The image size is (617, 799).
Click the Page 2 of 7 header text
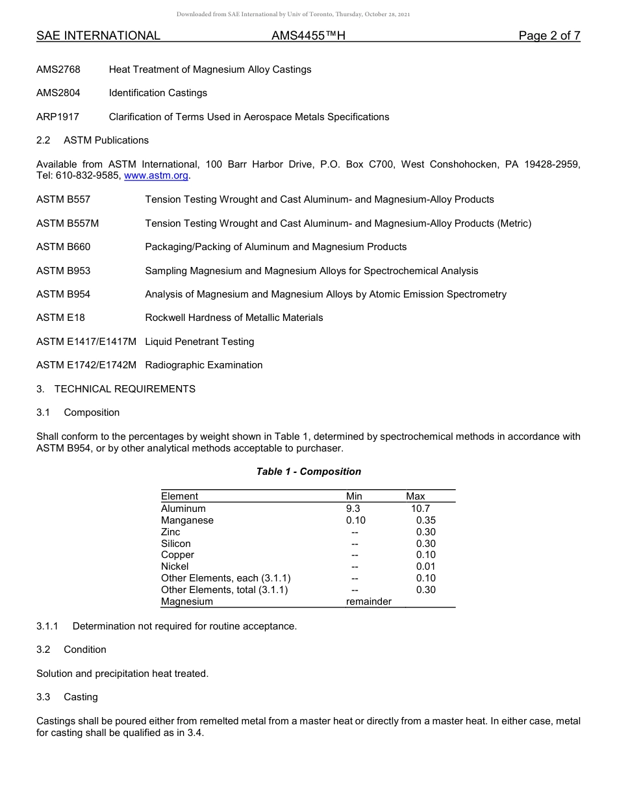pyautogui.click(x=549, y=36)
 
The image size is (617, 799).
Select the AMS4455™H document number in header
pyautogui.click(x=308, y=36)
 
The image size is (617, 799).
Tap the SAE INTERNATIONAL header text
pyautogui.click(x=98, y=36)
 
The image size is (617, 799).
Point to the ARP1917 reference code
pyautogui.click(x=58, y=117)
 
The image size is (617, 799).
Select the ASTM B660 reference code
pyautogui.click(x=64, y=247)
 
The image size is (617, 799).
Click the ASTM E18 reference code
pyautogui.click(x=60, y=318)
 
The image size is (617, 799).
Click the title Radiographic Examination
pyautogui.click(x=204, y=365)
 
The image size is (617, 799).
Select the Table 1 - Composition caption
pyautogui.click(x=308, y=472)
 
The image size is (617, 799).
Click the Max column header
pyautogui.click(x=416, y=496)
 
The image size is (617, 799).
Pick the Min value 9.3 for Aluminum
pyautogui.click(x=353, y=509)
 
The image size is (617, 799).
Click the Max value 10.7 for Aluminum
pyautogui.click(x=420, y=509)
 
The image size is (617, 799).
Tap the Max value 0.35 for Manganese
pyautogui.click(x=425, y=520)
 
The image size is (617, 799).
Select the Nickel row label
pyautogui.click(x=175, y=566)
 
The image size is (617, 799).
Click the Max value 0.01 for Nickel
pyautogui.click(x=425, y=566)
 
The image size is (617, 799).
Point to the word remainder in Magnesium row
pyautogui.click(x=369, y=602)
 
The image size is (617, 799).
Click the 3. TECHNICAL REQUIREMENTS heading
pyautogui.click(x=116, y=389)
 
